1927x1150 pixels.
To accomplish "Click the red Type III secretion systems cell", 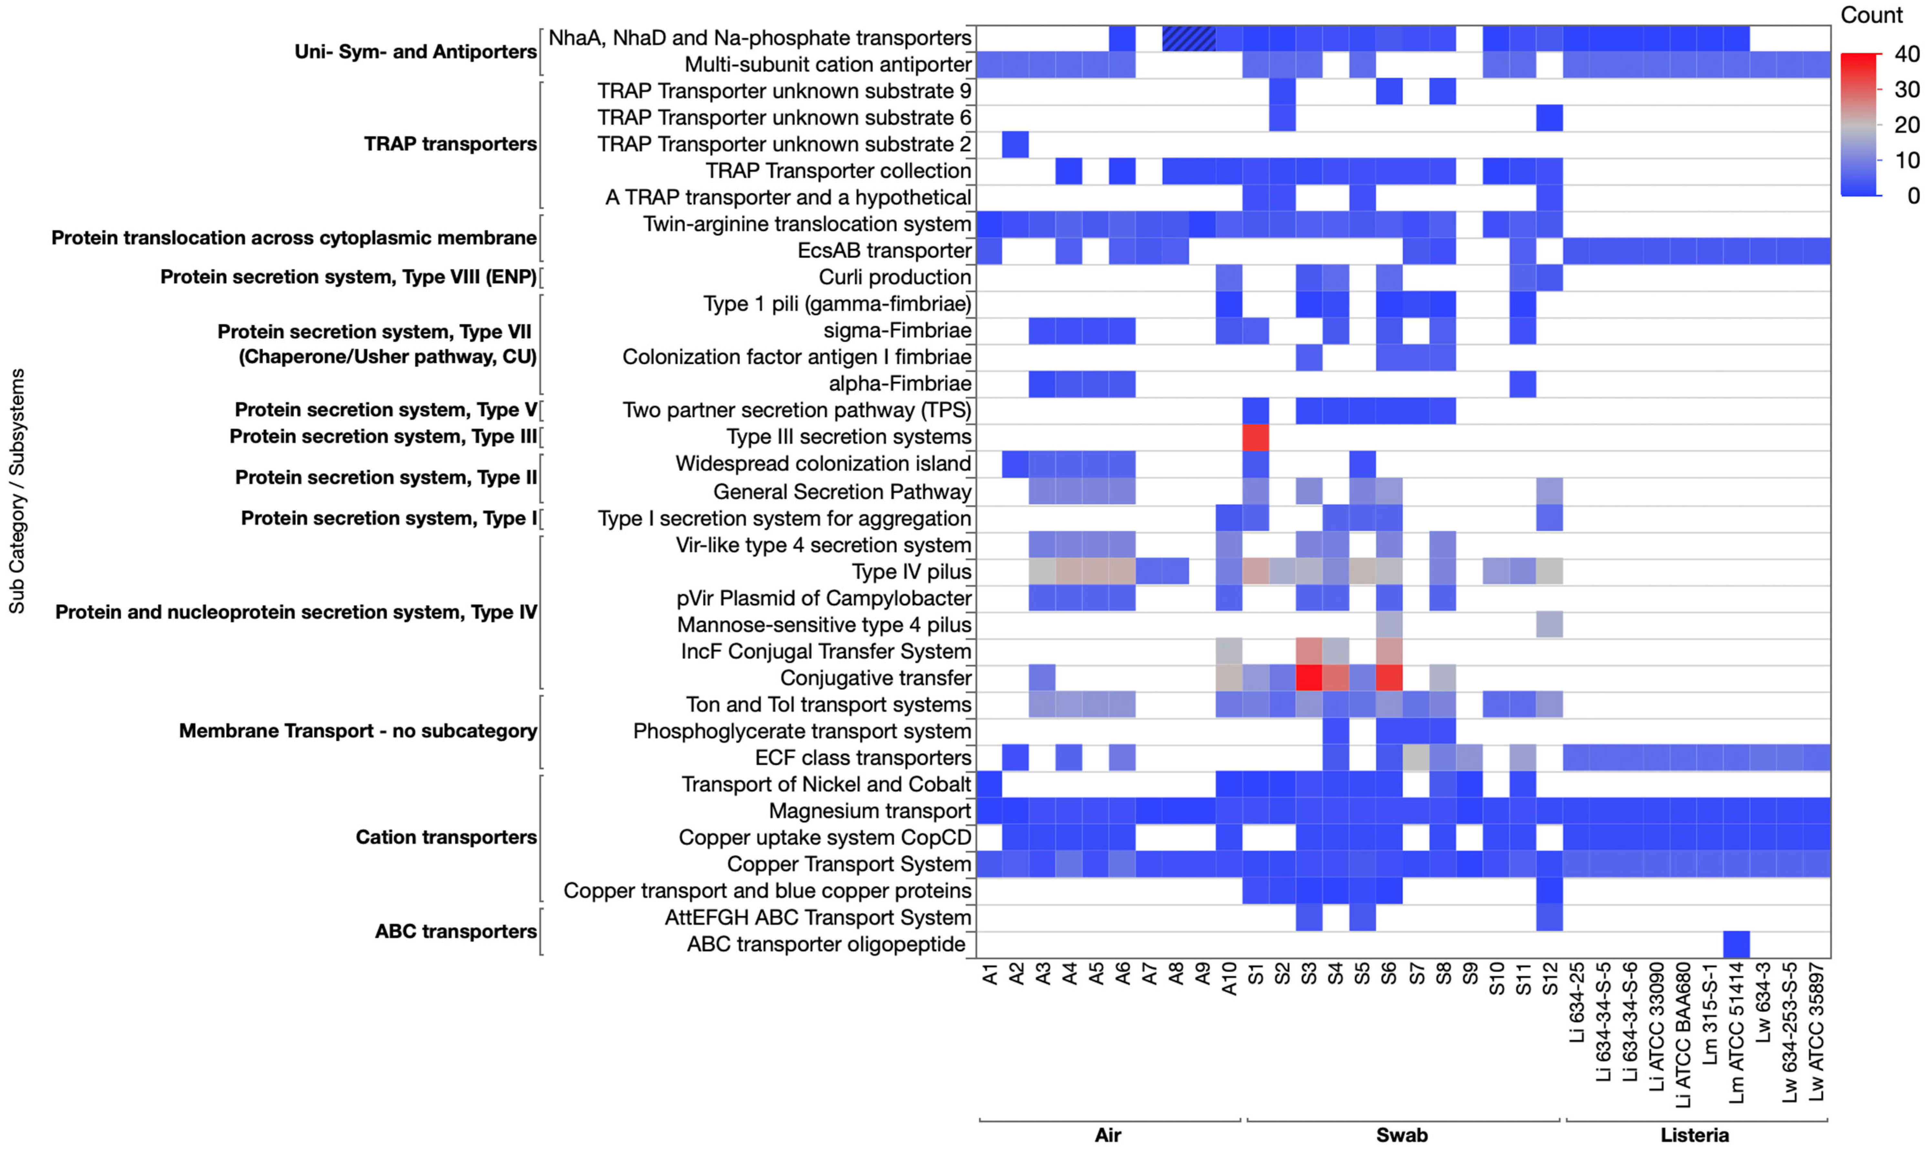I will (x=1255, y=437).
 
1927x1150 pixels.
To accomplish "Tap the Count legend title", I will (x=1871, y=16).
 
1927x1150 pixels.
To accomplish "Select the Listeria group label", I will (x=1694, y=1135).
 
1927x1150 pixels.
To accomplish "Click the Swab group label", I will (x=1402, y=1135).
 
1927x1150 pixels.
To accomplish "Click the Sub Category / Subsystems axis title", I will (x=17, y=491).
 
